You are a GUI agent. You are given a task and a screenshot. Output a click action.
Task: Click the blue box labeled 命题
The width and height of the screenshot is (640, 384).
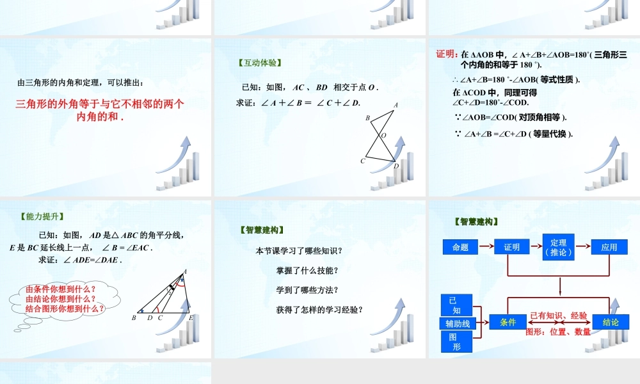click(460, 247)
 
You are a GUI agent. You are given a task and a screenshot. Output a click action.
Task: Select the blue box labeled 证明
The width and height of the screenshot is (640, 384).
click(511, 247)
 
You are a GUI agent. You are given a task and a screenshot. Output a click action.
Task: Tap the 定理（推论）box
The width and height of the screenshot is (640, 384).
click(558, 247)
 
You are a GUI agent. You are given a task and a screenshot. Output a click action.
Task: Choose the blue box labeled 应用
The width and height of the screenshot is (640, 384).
click(609, 247)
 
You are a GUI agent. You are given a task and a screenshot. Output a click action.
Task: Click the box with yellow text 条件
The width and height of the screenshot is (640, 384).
click(508, 323)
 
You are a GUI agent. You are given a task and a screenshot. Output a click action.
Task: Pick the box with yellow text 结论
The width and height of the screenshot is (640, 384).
click(610, 323)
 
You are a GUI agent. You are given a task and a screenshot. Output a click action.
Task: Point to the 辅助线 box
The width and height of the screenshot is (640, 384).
click(458, 324)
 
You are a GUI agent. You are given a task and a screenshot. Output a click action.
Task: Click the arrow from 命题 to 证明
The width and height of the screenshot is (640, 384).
click(486, 247)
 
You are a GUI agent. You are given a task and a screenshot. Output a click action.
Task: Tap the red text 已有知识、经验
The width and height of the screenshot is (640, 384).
click(559, 316)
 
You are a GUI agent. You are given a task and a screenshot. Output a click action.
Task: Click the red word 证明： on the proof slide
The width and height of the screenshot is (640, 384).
click(447, 54)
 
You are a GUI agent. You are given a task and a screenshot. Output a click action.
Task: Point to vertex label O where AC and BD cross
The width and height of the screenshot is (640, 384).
click(383, 136)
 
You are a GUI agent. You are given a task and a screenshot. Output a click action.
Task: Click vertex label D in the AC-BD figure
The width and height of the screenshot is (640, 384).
click(396, 166)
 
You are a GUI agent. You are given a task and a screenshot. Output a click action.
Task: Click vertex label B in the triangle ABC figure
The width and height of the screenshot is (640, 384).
click(134, 317)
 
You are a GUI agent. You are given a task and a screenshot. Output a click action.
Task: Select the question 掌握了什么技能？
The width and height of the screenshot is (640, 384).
click(307, 271)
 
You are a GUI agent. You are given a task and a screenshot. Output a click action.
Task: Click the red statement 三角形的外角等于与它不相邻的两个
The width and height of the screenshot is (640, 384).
click(100, 104)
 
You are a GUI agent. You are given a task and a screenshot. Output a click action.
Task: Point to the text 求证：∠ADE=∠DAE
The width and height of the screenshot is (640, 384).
click(80, 260)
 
